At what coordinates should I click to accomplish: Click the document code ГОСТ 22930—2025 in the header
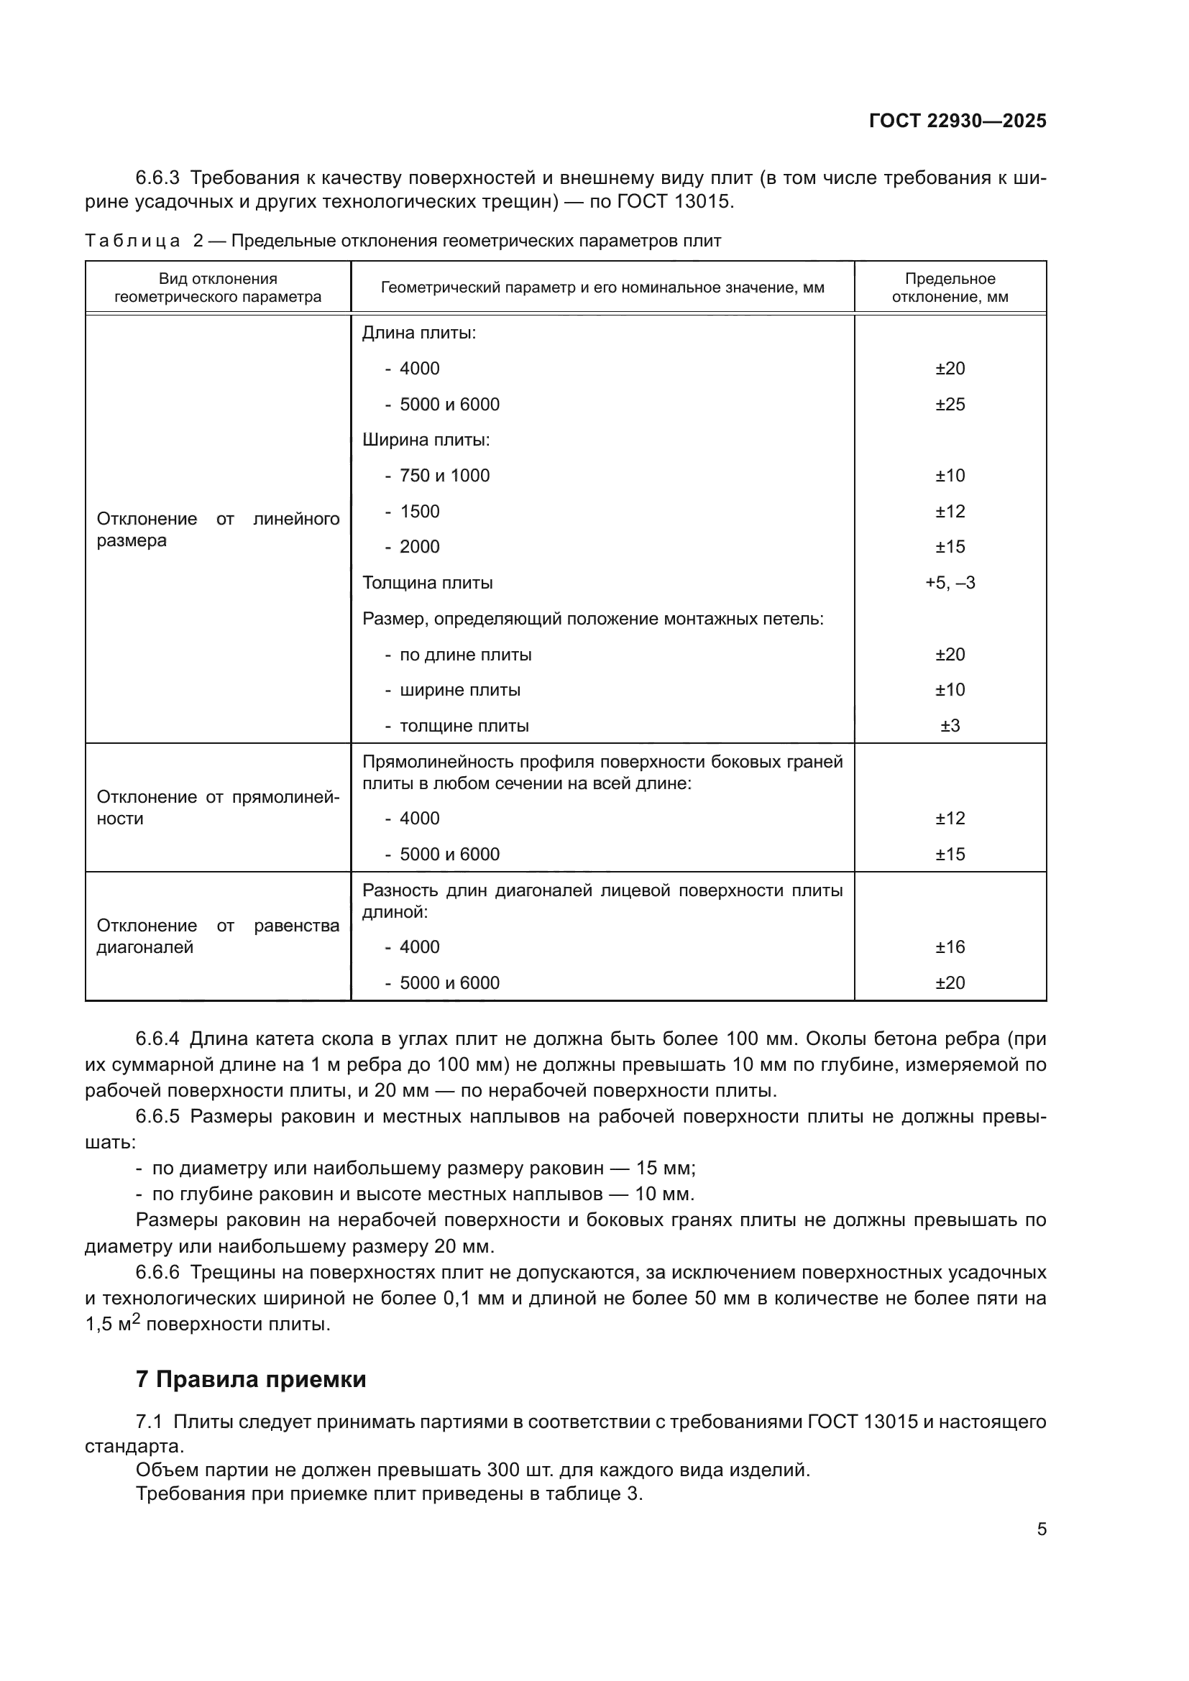coord(957,121)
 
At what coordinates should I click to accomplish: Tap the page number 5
coord(1041,1529)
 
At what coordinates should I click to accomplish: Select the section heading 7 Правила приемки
coord(250,1378)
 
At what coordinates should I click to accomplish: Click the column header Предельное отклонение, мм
coord(950,287)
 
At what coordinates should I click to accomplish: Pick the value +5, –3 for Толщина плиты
coord(950,583)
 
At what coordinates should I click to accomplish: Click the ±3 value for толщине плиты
coord(950,726)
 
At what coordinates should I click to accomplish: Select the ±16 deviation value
coord(950,947)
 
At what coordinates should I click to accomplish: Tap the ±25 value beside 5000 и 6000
coord(950,404)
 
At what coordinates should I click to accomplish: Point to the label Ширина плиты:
coord(426,440)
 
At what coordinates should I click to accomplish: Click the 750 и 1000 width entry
coord(444,476)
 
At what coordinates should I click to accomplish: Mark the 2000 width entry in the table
coord(420,547)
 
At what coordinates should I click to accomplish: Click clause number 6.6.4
coord(157,1039)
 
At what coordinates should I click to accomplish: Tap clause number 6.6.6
coord(157,1272)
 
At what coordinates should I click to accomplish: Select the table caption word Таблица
coord(132,241)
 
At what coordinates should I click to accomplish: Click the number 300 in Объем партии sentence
coord(503,1470)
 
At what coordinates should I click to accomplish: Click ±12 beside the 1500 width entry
coord(950,512)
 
